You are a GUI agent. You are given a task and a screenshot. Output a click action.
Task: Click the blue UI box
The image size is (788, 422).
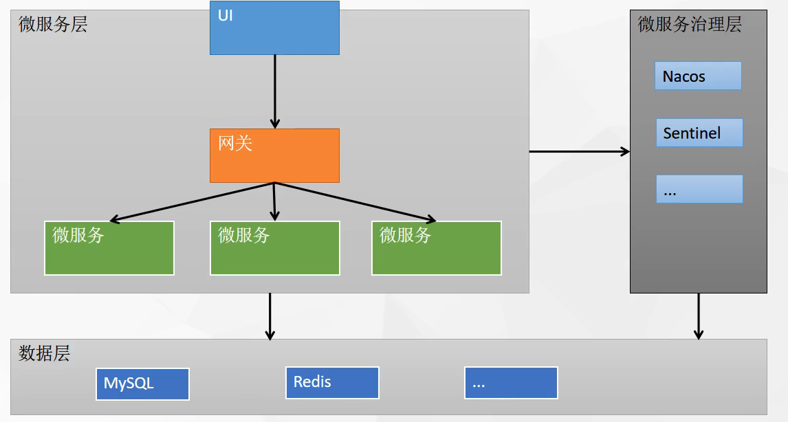pyautogui.click(x=274, y=27)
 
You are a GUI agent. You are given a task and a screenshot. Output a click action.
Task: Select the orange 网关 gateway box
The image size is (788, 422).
pyautogui.click(x=274, y=155)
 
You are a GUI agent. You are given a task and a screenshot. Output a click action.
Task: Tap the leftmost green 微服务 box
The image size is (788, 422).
pyautogui.click(x=109, y=248)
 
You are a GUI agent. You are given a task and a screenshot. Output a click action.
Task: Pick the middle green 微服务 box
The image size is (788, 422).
pyautogui.click(x=274, y=248)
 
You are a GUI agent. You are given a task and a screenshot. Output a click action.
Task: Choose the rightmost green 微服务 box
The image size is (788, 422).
pyautogui.click(x=437, y=248)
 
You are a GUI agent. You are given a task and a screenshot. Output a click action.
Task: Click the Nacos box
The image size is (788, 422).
pyautogui.click(x=698, y=76)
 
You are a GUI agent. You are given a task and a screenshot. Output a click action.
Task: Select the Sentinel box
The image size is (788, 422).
pyautogui.click(x=699, y=133)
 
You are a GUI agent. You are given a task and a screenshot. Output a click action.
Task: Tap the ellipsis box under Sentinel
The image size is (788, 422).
pyautogui.click(x=699, y=189)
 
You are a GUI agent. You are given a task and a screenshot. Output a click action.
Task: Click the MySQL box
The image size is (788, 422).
pyautogui.click(x=142, y=384)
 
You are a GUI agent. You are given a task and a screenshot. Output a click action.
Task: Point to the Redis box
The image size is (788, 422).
pyautogui.click(x=332, y=383)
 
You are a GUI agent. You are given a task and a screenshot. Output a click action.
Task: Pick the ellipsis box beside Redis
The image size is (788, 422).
pyautogui.click(x=511, y=383)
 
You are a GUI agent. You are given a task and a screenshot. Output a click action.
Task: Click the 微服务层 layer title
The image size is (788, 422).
pyautogui.click(x=53, y=25)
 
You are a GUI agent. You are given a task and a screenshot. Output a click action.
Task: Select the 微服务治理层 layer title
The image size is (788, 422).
pyautogui.click(x=690, y=25)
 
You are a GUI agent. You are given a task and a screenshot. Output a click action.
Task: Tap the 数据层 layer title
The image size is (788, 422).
pyautogui.click(x=45, y=354)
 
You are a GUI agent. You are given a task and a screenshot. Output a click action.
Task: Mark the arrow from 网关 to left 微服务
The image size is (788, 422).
pyautogui.click(x=193, y=202)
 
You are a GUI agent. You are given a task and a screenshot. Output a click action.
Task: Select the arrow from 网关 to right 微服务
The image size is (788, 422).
pyautogui.click(x=355, y=202)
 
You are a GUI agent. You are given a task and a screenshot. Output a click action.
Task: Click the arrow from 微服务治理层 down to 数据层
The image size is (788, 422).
pyautogui.click(x=699, y=316)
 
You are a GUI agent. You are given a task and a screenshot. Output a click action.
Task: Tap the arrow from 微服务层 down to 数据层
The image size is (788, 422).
pyautogui.click(x=270, y=316)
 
